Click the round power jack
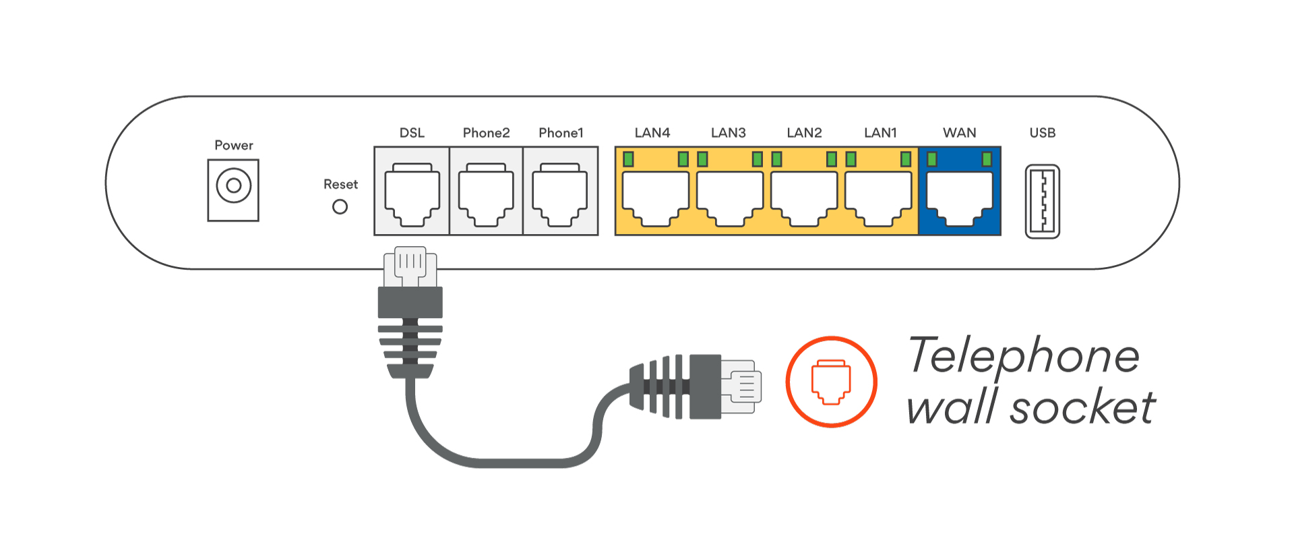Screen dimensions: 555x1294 [233, 185]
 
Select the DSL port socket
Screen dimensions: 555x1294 [412, 194]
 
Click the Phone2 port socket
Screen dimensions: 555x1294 [486, 194]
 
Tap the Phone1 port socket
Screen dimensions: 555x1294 [560, 194]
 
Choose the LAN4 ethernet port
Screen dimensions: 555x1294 [655, 198]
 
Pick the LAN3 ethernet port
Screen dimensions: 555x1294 [729, 198]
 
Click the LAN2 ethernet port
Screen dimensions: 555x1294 [804, 198]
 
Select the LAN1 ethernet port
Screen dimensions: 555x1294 [878, 198]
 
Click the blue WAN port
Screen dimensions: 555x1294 [959, 198]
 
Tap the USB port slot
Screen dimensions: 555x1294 [1042, 202]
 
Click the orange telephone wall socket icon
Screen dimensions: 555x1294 [831, 382]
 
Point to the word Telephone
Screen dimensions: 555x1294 [1023, 355]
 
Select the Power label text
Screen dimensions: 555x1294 [233, 145]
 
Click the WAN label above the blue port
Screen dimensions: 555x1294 [959, 133]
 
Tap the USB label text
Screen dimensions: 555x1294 [1042, 133]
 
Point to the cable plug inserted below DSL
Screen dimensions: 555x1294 [410, 297]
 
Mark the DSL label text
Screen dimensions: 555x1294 [412, 133]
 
